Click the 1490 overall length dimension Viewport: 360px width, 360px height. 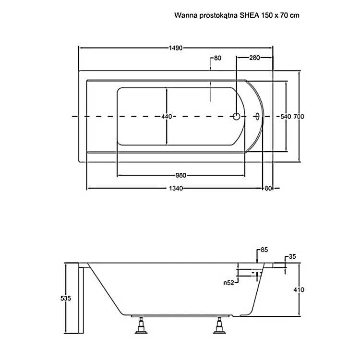(x=176, y=48)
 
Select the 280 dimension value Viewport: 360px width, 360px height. (x=254, y=58)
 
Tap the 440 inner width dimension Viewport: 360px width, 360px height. (x=167, y=117)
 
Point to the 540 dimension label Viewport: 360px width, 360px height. (x=286, y=117)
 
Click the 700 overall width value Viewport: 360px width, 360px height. (x=300, y=117)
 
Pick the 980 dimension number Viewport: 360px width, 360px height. (x=180, y=175)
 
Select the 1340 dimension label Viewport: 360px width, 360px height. (x=176, y=188)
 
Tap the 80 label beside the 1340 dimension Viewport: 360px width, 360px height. (x=268, y=188)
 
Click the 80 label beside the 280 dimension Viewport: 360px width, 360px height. (x=217, y=58)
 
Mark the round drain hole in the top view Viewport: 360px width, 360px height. (x=237, y=116)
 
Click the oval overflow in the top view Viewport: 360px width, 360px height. (x=257, y=116)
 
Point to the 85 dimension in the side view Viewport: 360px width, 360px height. (x=264, y=250)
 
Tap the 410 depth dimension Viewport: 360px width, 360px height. (x=300, y=289)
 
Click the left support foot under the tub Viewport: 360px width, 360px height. (x=143, y=327)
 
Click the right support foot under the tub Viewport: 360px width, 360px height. (x=220, y=327)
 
